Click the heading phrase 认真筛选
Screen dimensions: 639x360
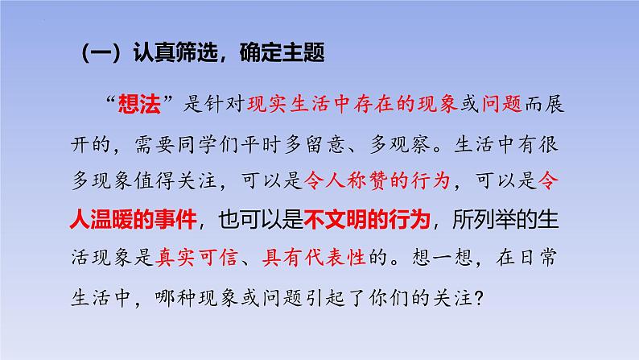tap(175, 52)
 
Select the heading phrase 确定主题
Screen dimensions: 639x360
tap(282, 52)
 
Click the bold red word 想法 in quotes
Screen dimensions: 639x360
tap(139, 105)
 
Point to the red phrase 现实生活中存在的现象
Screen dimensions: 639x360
tap(352, 105)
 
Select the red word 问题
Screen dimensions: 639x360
tap(502, 105)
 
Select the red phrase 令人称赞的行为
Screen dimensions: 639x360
tap(377, 180)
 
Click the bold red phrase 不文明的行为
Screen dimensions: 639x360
tap(367, 219)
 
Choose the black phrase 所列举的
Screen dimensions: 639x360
tap(495, 219)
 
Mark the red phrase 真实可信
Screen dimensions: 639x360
tap(196, 258)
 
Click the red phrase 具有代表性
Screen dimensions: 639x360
tap(314, 258)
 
